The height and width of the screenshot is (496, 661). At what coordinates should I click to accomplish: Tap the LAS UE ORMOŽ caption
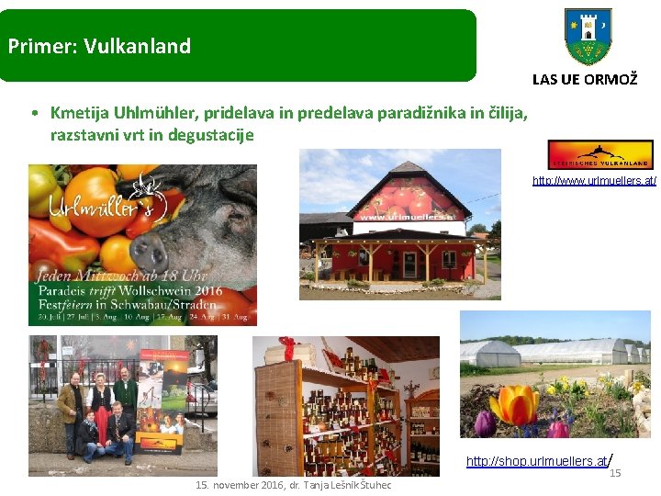pyautogui.click(x=585, y=80)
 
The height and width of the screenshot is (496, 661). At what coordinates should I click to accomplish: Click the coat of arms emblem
pyautogui.click(x=588, y=36)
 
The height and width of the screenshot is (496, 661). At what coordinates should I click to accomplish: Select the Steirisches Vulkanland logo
pyautogui.click(x=599, y=154)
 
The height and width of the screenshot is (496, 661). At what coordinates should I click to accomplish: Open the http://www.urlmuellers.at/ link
pyautogui.click(x=594, y=181)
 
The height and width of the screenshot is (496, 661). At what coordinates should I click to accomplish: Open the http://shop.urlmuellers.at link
pyautogui.click(x=536, y=461)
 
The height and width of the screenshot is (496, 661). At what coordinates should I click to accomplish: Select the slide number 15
pyautogui.click(x=615, y=473)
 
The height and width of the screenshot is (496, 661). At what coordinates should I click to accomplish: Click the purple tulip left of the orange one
pyautogui.click(x=484, y=423)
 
